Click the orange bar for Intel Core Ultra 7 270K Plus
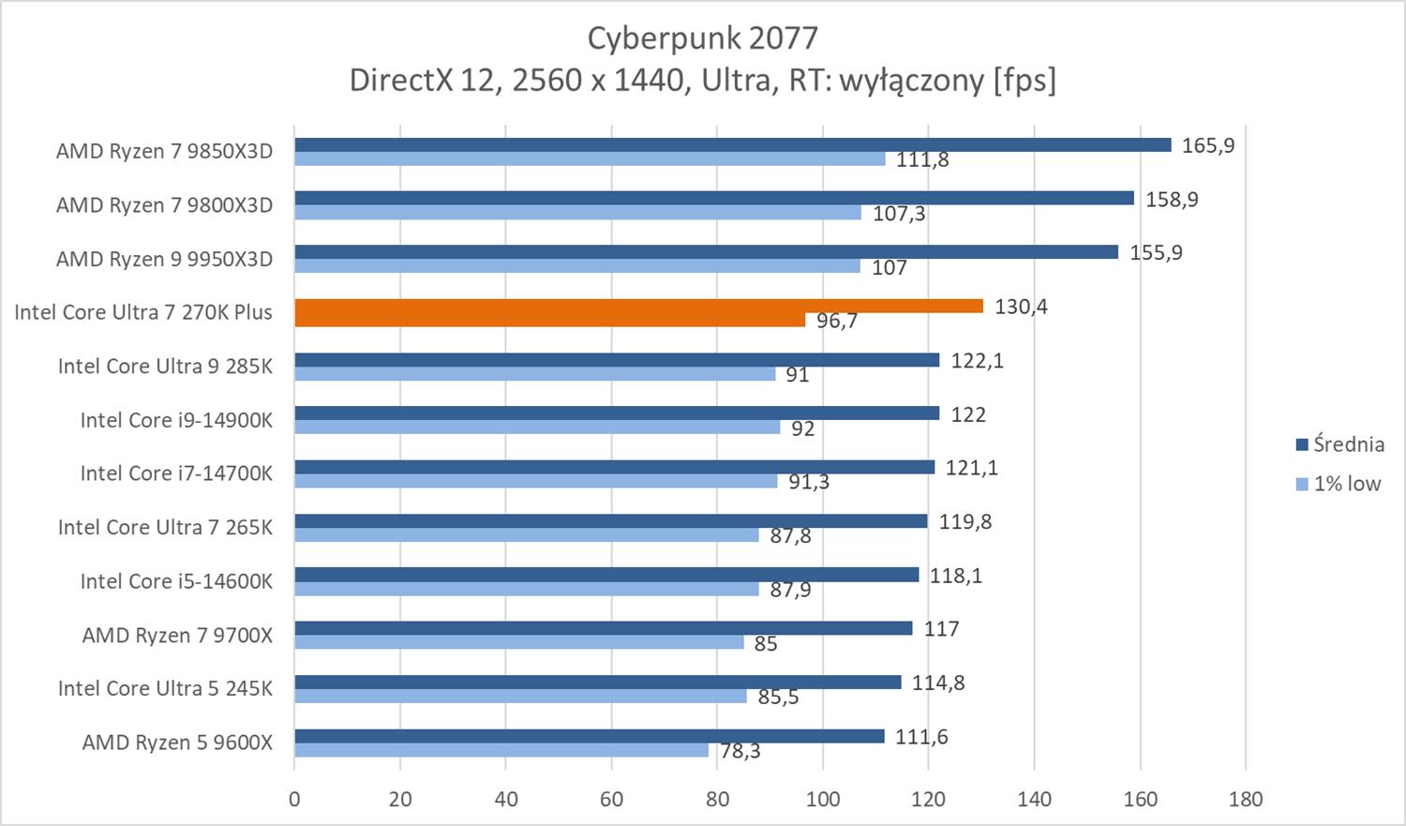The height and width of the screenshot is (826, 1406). click(x=637, y=307)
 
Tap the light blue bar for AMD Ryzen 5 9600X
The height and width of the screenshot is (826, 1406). click(x=501, y=750)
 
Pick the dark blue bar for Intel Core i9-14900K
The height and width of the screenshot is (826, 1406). click(x=616, y=413)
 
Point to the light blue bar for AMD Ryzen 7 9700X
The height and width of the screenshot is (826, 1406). click(x=518, y=642)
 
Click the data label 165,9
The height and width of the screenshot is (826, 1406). click(x=1208, y=145)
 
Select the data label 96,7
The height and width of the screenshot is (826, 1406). click(x=837, y=322)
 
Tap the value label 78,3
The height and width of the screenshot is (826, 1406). click(x=740, y=751)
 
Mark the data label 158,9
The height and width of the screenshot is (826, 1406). click(x=1172, y=200)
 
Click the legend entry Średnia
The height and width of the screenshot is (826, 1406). click(x=1348, y=444)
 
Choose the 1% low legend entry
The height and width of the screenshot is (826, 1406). click(x=1347, y=484)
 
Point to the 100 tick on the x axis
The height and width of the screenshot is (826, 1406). click(x=823, y=800)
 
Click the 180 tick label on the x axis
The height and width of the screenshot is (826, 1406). click(x=1245, y=800)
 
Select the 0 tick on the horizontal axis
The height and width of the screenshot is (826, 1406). click(x=294, y=800)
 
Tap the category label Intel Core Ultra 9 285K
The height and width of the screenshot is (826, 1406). click(x=165, y=366)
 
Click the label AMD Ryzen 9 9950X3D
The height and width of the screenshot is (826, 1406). click(x=164, y=259)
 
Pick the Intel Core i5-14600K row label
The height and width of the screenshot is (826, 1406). click(x=176, y=581)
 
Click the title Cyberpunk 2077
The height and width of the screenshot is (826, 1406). click(x=702, y=38)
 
